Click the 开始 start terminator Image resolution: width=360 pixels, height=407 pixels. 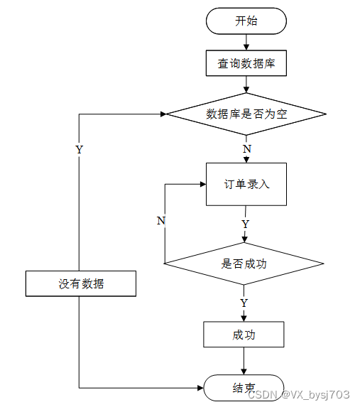point(246,21)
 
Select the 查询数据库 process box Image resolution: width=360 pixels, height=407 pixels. point(246,63)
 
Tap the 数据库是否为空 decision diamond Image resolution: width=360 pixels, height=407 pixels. point(246,114)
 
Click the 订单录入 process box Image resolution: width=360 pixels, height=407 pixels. point(246,184)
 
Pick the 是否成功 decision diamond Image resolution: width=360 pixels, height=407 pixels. point(244,264)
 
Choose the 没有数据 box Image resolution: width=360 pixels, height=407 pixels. point(81,283)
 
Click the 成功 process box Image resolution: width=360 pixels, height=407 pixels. point(244,335)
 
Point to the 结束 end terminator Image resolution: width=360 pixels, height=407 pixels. point(244,388)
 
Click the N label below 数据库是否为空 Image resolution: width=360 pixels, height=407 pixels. point(247,149)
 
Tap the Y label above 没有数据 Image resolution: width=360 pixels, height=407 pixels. point(80,149)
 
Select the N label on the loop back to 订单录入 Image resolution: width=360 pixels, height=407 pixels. point(161,221)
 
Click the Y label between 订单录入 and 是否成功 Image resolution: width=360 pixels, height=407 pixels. point(245,224)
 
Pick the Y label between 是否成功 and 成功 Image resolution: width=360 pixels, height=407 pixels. point(244,303)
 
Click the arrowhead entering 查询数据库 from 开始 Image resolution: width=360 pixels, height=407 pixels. point(246,48)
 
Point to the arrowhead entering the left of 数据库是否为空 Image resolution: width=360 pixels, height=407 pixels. point(163,114)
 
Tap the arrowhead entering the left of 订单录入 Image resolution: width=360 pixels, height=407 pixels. point(203,184)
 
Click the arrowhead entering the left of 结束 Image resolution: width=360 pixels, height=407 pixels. point(200,388)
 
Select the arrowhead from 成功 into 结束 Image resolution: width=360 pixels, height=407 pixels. point(244,371)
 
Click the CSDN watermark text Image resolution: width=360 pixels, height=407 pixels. point(299,395)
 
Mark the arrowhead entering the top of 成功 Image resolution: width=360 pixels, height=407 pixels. point(244,319)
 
